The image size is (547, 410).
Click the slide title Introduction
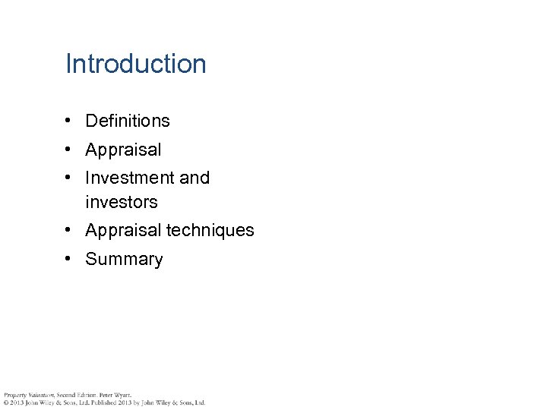(136, 64)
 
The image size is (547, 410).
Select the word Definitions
(128, 121)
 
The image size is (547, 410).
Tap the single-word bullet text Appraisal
(123, 150)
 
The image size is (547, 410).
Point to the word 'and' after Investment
(194, 178)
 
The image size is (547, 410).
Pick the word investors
(121, 202)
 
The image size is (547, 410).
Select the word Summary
(124, 259)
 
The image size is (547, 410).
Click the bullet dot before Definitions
(68, 121)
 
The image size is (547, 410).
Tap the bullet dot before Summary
(68, 259)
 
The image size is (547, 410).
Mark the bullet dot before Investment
(68, 178)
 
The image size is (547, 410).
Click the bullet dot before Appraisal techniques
(68, 230)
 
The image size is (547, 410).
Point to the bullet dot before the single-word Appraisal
(68, 150)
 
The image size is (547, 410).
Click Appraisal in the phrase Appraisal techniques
(123, 230)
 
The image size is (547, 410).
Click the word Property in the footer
(14, 395)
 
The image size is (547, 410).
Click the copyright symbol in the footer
(5, 402)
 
